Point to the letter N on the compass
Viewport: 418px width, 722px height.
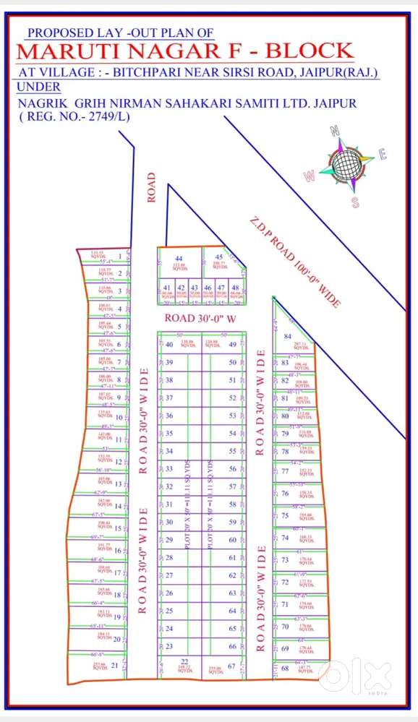tap(335, 131)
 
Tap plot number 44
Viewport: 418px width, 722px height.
tap(179, 258)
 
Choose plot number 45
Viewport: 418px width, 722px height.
tap(219, 258)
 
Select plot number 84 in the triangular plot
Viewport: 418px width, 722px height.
tap(287, 337)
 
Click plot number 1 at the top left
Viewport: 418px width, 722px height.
tap(119, 257)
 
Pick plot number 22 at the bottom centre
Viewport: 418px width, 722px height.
tap(184, 661)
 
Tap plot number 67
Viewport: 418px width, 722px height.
tap(232, 666)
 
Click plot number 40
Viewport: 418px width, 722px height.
tap(169, 345)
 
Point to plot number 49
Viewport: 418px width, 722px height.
tap(232, 345)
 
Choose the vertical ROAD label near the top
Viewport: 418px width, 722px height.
tap(152, 187)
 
